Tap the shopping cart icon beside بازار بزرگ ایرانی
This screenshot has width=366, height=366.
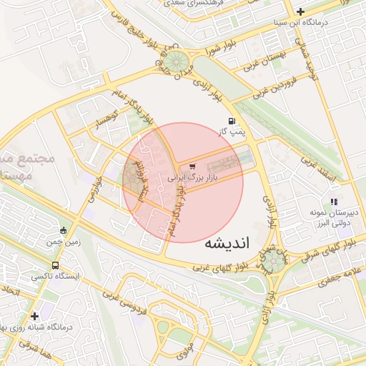[191, 167]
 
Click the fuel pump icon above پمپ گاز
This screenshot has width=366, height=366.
[231, 121]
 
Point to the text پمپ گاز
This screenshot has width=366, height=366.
[232, 132]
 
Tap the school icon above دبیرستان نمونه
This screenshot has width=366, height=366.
[333, 202]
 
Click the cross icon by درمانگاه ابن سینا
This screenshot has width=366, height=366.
[300, 11]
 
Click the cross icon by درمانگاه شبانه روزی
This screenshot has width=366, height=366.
[34, 315]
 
